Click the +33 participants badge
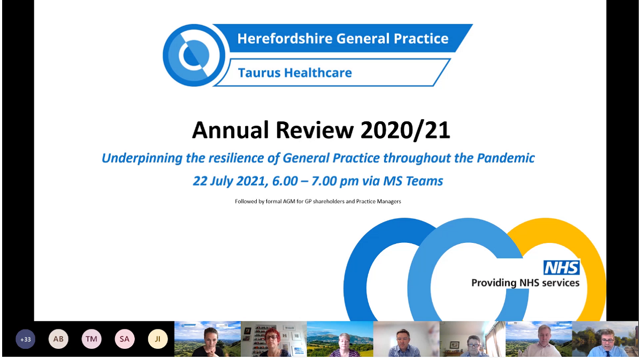tap(25, 339)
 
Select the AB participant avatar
tap(58, 339)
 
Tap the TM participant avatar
tap(91, 339)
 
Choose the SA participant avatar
tap(125, 339)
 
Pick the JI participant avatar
tap(158, 339)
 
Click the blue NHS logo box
tap(561, 268)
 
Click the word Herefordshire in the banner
tap(284, 39)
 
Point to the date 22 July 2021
tap(231, 181)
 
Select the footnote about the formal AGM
tap(318, 202)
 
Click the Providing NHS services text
tap(525, 282)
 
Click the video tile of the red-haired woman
tap(273, 339)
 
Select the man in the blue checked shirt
tap(406, 339)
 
